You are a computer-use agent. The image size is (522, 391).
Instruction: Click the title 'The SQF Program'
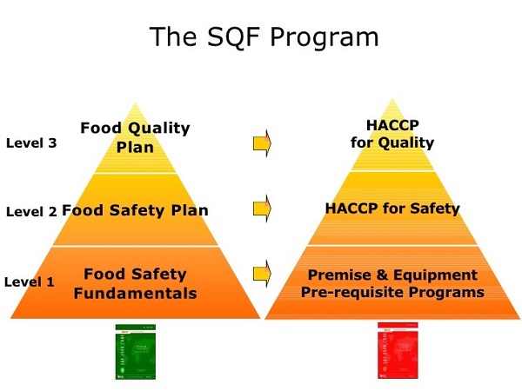[264, 37]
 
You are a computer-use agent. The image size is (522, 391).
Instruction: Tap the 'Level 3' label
[31, 143]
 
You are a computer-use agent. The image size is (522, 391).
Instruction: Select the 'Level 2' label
[31, 211]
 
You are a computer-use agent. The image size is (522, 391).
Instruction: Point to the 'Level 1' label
[30, 282]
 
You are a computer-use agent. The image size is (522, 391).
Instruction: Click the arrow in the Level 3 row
[262, 142]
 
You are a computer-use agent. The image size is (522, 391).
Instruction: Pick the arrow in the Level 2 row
[262, 209]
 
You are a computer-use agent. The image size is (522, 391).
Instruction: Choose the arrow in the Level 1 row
[262, 275]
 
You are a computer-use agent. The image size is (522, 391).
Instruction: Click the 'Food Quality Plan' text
[135, 137]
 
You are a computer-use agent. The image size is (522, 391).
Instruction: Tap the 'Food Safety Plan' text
[135, 210]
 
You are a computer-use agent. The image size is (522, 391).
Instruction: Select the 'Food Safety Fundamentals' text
[135, 284]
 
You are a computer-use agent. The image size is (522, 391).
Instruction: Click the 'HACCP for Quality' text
[392, 135]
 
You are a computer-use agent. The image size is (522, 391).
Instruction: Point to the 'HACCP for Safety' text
[392, 209]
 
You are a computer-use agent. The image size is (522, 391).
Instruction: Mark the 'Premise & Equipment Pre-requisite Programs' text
[392, 284]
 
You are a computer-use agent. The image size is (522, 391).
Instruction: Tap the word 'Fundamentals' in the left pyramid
[135, 294]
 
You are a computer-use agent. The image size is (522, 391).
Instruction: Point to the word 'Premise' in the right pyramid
[338, 275]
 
